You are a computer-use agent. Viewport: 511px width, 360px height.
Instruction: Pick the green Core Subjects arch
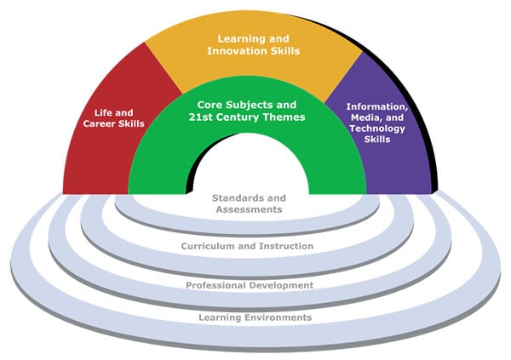point(162,162)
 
